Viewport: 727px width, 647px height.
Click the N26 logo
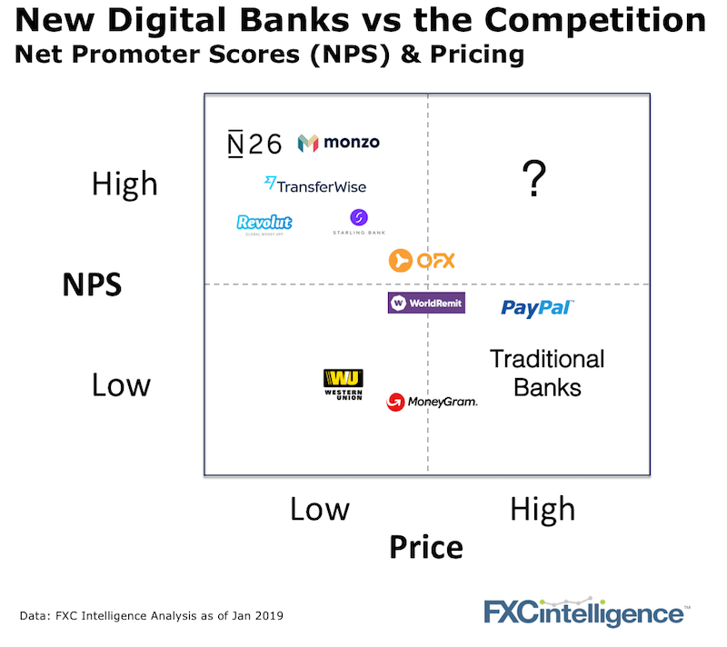coord(254,144)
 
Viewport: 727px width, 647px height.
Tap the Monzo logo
coord(338,143)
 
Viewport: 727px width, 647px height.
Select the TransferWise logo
coord(315,185)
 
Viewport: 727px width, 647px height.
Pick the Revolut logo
coord(264,224)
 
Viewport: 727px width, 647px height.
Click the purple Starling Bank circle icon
coord(359,217)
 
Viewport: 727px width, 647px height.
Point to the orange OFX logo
coord(422,261)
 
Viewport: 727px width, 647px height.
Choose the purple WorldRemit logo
coord(426,304)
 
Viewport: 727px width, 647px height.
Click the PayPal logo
coord(537,308)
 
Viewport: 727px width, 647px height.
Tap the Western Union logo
coord(344,384)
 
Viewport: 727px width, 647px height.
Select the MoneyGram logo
coord(432,402)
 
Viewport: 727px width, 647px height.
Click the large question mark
coord(534,178)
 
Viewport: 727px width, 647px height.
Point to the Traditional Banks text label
coord(547,373)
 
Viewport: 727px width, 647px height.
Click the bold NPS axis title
coord(93,284)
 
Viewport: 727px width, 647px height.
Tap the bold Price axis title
coord(426,547)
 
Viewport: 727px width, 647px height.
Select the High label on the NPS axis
coord(124,184)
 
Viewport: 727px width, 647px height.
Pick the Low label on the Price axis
coord(320,509)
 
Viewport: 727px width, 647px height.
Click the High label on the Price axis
coord(543,510)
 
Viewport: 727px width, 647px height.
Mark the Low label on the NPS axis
coord(122,384)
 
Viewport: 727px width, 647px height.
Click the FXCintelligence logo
coord(587,612)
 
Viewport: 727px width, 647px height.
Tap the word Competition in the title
coord(595,20)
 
